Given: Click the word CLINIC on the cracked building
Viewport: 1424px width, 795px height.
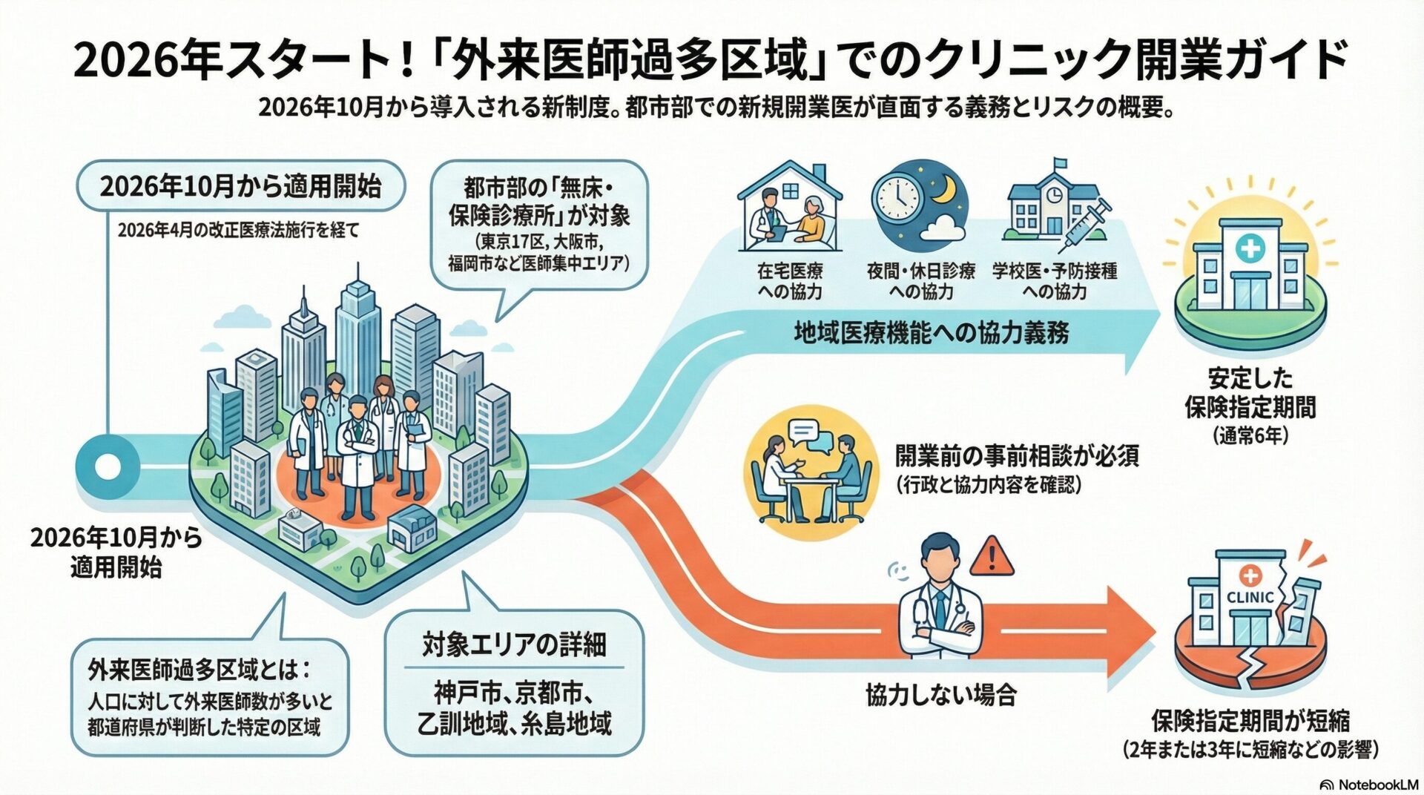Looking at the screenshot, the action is click(x=1250, y=597).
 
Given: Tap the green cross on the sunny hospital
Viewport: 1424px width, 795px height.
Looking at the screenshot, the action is click(x=1250, y=247).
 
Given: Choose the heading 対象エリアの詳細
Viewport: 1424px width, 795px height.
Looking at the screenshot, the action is click(x=514, y=644).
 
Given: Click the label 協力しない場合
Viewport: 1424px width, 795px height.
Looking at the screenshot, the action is click(x=941, y=695).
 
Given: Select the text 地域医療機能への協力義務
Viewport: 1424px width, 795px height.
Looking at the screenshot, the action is click(x=932, y=334).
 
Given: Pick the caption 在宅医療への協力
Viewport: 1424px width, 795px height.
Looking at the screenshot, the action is click(x=790, y=281).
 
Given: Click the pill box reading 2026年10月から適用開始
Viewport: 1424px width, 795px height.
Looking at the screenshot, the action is click(x=241, y=186).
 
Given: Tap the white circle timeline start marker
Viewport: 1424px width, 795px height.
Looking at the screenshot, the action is click(x=108, y=467).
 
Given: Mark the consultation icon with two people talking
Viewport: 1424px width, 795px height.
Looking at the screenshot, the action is click(x=811, y=472).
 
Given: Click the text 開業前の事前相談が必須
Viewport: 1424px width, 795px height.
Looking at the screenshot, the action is click(x=1017, y=455).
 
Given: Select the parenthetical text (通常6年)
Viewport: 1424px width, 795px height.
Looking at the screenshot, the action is click(x=1250, y=436).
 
